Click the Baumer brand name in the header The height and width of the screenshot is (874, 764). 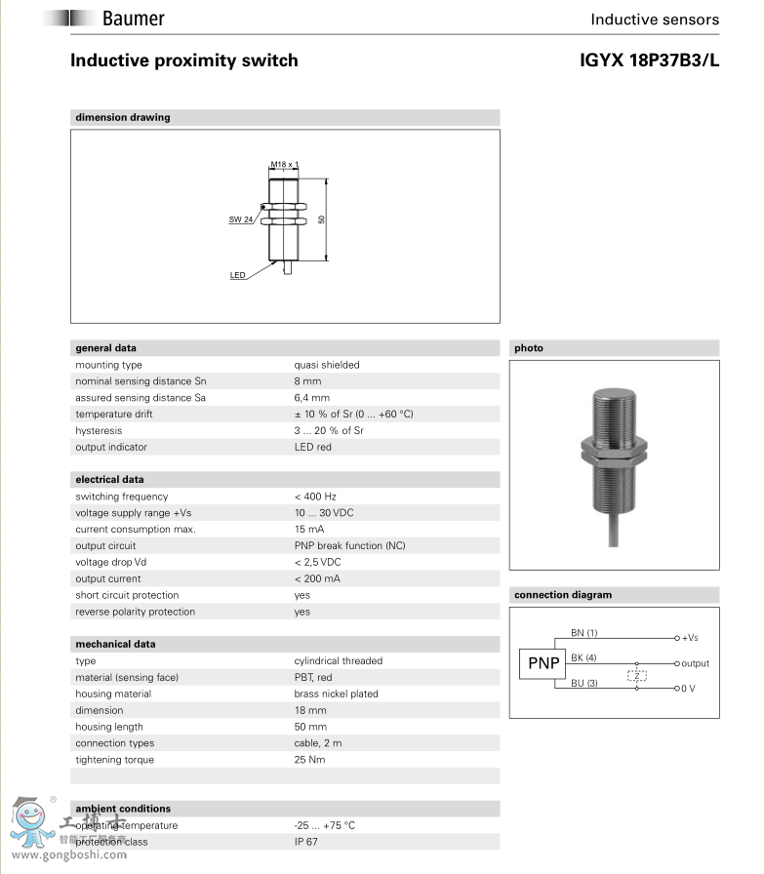point(134,19)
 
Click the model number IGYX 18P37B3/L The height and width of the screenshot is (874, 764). point(649,60)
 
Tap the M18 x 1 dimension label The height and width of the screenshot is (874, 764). point(284,165)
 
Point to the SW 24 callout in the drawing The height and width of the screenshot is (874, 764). point(240,219)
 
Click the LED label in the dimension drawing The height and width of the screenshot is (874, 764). point(237,275)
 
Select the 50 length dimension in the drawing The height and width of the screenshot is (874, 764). point(322,219)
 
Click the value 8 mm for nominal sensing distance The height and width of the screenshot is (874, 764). point(307,381)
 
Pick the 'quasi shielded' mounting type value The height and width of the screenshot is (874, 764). point(327,365)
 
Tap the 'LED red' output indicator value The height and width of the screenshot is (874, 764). point(313,447)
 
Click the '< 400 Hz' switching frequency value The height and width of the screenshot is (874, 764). point(315,497)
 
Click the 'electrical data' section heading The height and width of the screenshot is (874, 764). point(109,480)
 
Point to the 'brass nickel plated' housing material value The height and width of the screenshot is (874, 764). point(336,694)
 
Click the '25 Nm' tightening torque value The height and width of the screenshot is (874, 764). point(310,760)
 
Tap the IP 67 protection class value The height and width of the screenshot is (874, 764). point(308,842)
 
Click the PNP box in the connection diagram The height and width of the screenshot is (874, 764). point(542,664)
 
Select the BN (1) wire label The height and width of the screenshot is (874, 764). point(583,633)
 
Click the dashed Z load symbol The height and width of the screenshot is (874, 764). point(637,676)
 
